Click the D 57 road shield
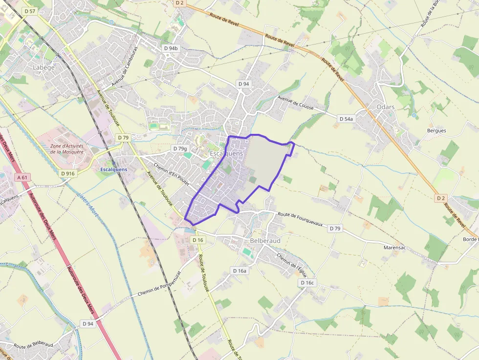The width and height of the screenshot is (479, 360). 30,11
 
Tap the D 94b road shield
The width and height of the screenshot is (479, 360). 172,48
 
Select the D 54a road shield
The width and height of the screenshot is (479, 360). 346,119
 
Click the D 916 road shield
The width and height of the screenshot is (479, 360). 68,173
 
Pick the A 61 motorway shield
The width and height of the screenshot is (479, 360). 22,177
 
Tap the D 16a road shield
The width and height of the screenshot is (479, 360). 240,271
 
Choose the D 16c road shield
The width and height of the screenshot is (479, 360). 307,283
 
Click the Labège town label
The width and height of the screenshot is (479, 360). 44,67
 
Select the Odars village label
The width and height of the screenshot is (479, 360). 386,107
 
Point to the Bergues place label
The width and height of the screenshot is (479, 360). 436,130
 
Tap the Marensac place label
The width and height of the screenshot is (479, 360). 395,248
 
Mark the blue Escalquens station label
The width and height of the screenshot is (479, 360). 113,169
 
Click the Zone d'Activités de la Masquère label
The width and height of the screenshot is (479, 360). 67,148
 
